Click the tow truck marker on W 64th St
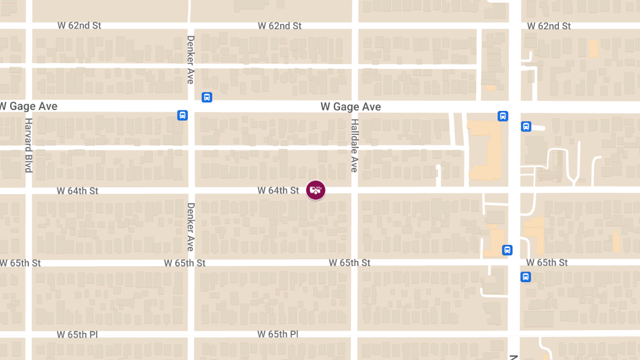coord(316,190)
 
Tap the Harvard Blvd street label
coord(29,145)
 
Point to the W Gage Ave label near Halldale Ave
coord(350,107)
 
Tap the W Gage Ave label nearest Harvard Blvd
coord(29,106)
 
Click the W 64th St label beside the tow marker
coord(278,190)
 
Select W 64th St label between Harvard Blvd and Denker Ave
coord(77,190)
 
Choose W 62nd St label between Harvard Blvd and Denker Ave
coord(79,26)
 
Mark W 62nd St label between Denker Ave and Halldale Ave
coord(279,26)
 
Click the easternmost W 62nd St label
coord(549,26)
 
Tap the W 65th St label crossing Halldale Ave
coord(349,263)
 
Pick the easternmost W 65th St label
coord(547,262)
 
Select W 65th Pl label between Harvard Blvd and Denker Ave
coord(77,334)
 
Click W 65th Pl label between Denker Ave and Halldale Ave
coord(277,334)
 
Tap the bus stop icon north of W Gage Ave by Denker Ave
coord(207,97)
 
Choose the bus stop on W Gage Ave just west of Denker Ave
coord(182,115)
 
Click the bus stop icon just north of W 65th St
coord(507,250)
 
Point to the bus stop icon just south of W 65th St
coord(526,277)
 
